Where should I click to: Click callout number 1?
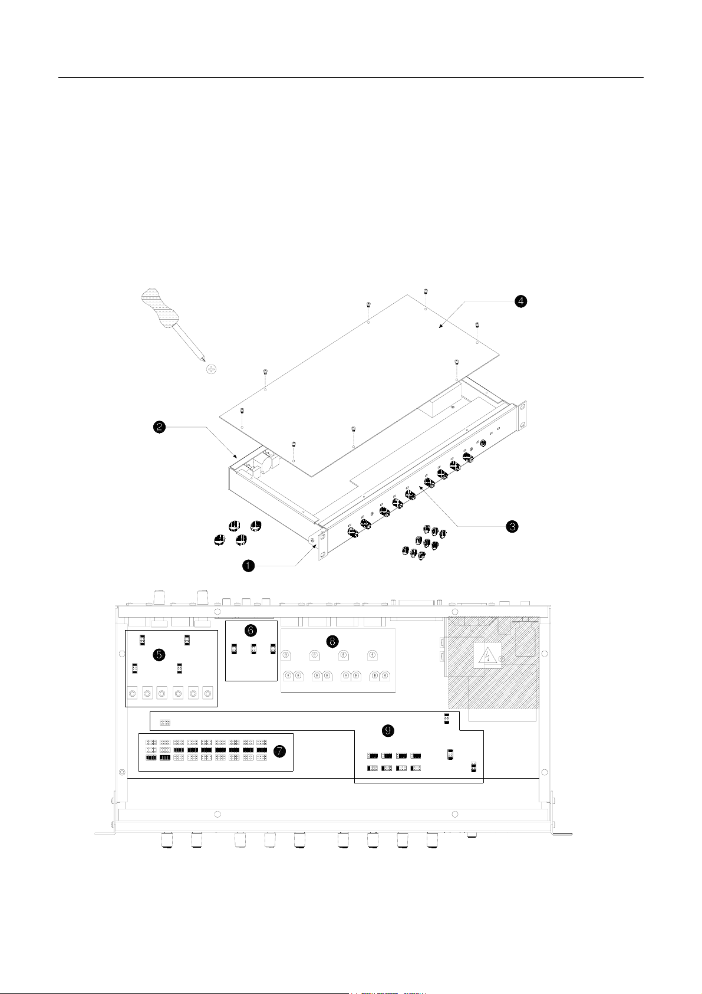(x=248, y=565)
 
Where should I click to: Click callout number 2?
(x=159, y=427)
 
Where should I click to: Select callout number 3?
(x=512, y=526)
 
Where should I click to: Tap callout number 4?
(x=520, y=301)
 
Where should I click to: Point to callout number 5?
(x=159, y=655)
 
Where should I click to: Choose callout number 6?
(x=251, y=630)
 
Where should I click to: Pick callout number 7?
(x=279, y=751)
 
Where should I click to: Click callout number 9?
(x=388, y=730)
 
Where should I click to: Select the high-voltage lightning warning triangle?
(x=487, y=655)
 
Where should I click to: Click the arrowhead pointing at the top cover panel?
(x=441, y=327)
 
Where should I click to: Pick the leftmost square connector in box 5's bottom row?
(x=132, y=693)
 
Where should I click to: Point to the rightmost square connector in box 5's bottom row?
(x=207, y=693)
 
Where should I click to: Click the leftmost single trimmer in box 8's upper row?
(x=287, y=655)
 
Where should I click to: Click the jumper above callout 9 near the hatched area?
(x=447, y=718)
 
